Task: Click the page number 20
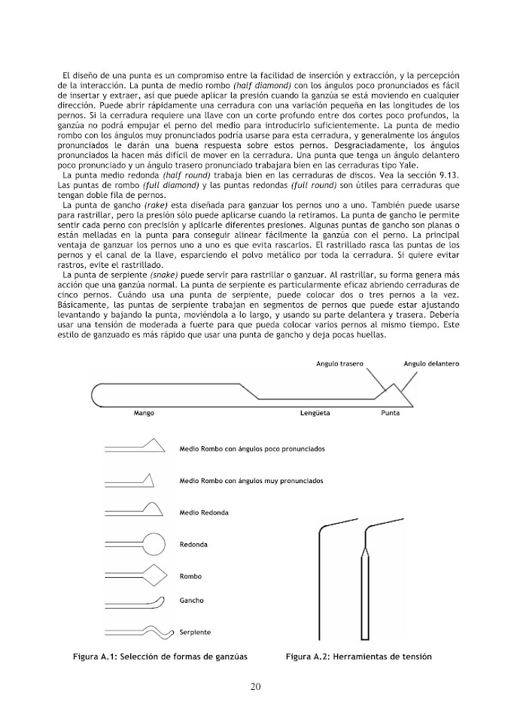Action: [x=255, y=686]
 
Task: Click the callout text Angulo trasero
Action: [x=339, y=363]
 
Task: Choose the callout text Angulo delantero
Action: [x=431, y=363]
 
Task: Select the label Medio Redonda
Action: [x=204, y=512]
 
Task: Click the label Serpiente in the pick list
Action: [x=195, y=631]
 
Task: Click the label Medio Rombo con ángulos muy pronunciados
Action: [x=251, y=479]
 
